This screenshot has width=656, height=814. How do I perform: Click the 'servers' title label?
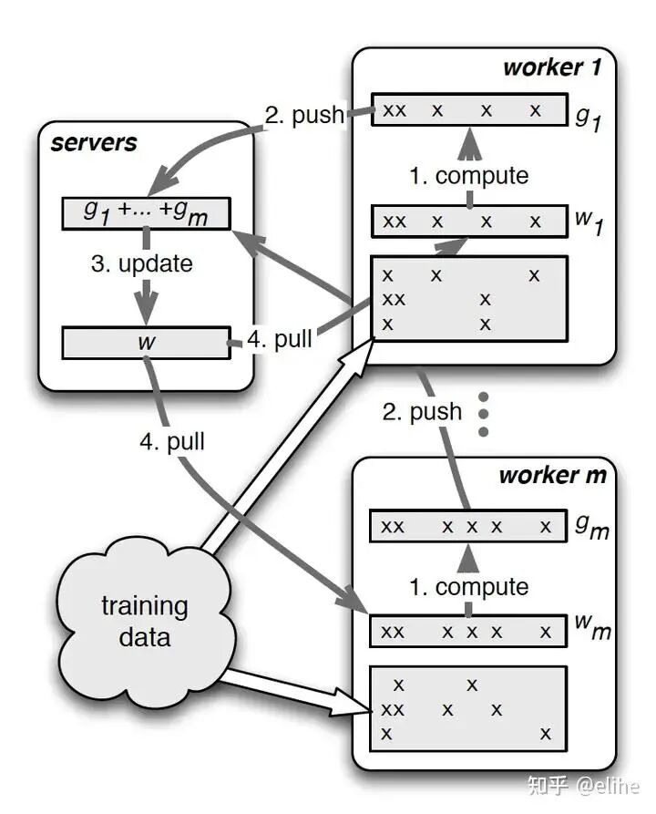[x=95, y=142]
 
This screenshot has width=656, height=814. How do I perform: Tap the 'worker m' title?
[x=552, y=475]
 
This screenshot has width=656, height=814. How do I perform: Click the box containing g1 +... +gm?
[x=146, y=212]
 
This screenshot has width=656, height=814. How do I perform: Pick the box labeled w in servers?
[x=145, y=342]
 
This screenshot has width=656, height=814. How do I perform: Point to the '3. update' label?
[x=143, y=264]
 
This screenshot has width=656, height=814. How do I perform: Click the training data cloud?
[x=144, y=620]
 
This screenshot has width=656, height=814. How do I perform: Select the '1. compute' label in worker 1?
[x=469, y=176]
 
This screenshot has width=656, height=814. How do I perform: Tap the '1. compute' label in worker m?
[x=469, y=587]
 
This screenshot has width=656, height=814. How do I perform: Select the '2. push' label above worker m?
[x=422, y=412]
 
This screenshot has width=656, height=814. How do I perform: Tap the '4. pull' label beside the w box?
[x=280, y=340]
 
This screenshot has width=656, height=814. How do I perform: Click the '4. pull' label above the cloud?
[x=172, y=443]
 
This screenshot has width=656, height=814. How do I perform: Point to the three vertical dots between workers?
[x=484, y=414]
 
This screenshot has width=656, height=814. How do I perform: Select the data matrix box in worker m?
[x=468, y=707]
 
